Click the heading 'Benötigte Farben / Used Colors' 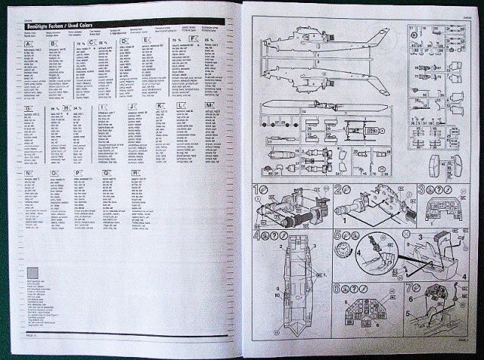tap(60, 27)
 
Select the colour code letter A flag tap(29, 44)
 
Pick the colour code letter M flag tap(210, 107)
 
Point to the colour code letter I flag tap(102, 107)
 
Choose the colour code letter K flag tap(160, 107)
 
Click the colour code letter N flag tap(29, 173)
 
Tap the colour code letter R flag tap(136, 173)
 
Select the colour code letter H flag tap(68, 107)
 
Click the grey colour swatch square tap(32, 274)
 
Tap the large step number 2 tap(339, 190)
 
